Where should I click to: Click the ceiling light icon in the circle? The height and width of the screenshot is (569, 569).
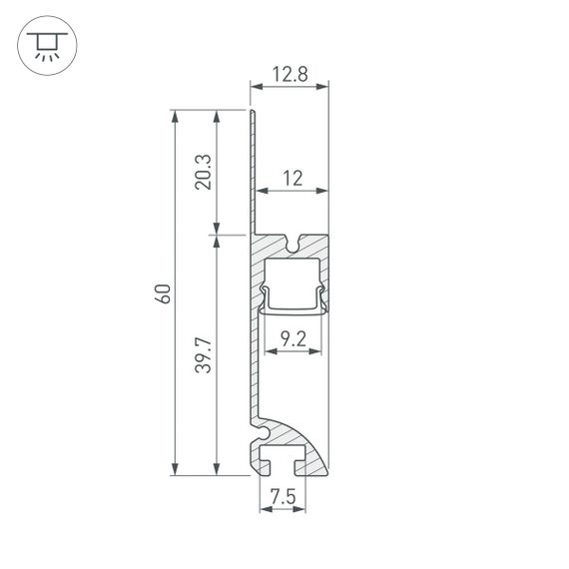pos(45,45)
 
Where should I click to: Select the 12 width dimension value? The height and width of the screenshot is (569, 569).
pos(291,178)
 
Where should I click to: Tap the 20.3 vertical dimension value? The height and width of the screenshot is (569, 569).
pos(203,172)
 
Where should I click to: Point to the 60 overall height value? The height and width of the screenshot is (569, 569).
pos(163,292)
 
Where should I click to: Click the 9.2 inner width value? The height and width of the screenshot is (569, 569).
pos(292,339)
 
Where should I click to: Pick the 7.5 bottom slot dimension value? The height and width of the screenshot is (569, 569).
pos(283,496)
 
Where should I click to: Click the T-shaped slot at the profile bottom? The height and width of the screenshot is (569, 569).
pos(284,461)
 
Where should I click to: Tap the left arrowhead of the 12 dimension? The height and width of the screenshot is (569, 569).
pos(262,190)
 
